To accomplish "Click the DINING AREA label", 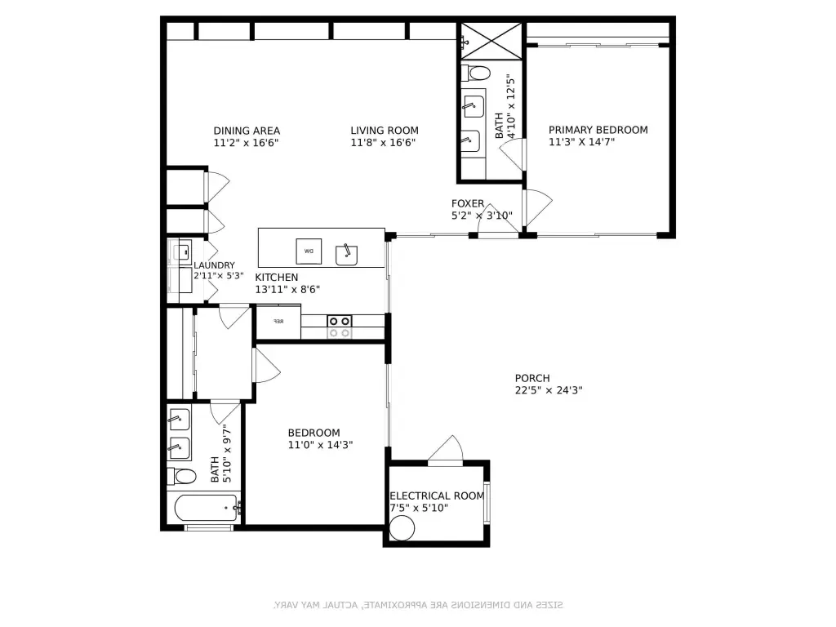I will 247,131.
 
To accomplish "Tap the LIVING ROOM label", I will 385,131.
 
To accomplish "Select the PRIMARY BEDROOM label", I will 598,130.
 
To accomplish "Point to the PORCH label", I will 532,378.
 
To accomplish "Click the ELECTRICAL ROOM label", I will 437,496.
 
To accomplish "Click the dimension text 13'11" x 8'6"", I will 287,289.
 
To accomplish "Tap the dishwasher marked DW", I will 309,251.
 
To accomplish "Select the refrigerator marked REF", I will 278,322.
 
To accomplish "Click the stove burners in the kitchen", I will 340,327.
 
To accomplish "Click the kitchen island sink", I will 348,254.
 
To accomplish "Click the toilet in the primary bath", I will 477,73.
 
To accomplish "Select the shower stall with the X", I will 491,40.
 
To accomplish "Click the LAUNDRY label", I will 215,265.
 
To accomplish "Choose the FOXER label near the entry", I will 468,203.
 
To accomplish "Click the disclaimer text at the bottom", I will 417,605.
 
